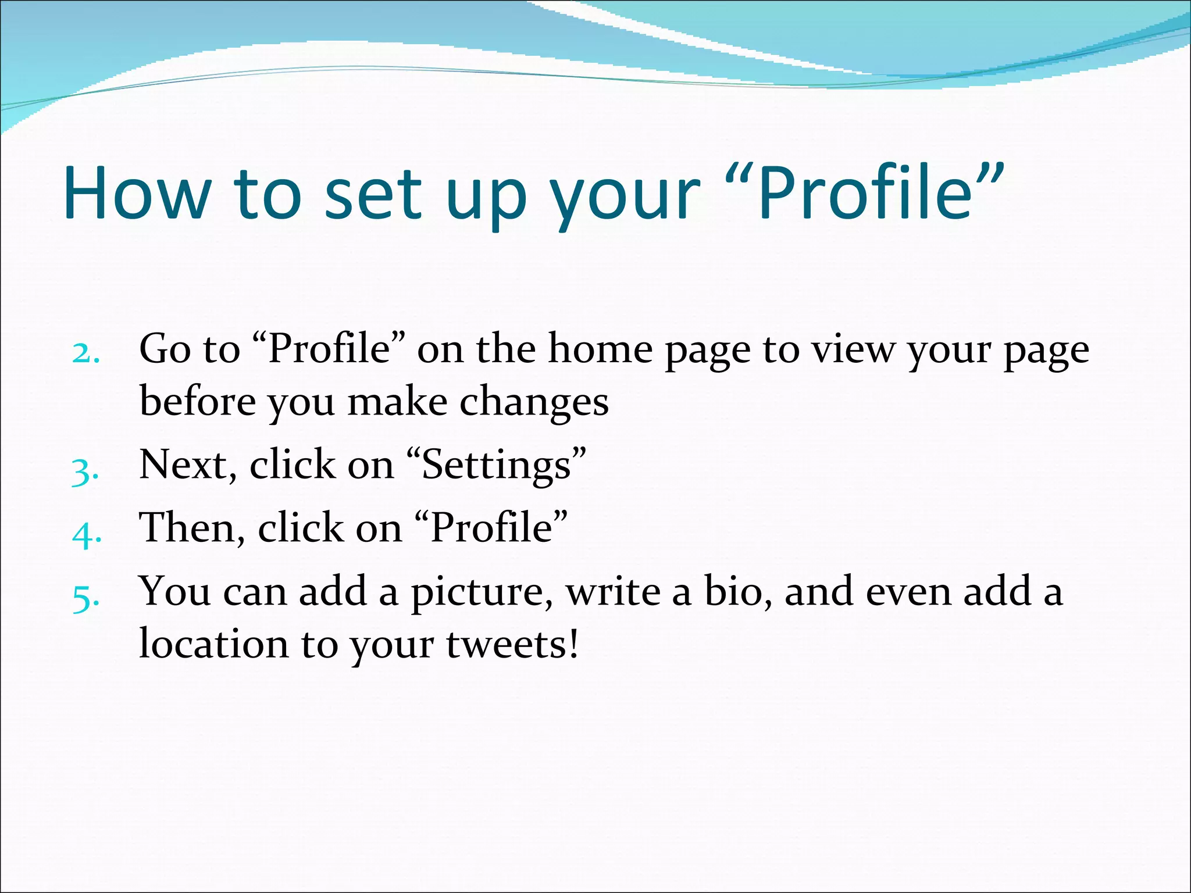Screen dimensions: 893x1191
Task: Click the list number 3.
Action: click(85, 471)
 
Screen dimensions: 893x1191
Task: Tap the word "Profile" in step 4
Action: click(491, 528)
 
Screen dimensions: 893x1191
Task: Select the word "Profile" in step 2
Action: click(329, 349)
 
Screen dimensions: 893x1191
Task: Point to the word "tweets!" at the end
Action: click(512, 645)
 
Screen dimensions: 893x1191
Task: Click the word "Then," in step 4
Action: click(192, 528)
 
